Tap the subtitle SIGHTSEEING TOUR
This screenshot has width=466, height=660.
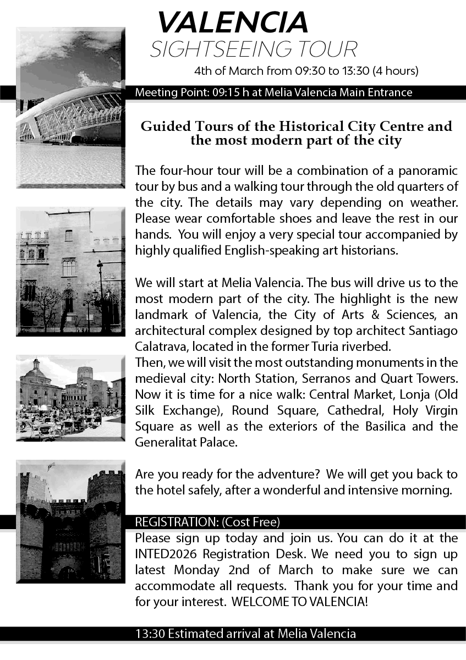(x=254, y=50)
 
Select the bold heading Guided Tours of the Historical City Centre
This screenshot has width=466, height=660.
(x=296, y=127)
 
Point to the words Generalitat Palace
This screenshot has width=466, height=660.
(x=186, y=442)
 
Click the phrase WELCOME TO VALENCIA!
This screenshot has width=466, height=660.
(x=300, y=601)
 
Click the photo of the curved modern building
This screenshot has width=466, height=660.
(x=70, y=107)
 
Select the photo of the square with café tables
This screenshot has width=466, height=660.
(x=70, y=398)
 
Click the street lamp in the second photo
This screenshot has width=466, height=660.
(x=100, y=291)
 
